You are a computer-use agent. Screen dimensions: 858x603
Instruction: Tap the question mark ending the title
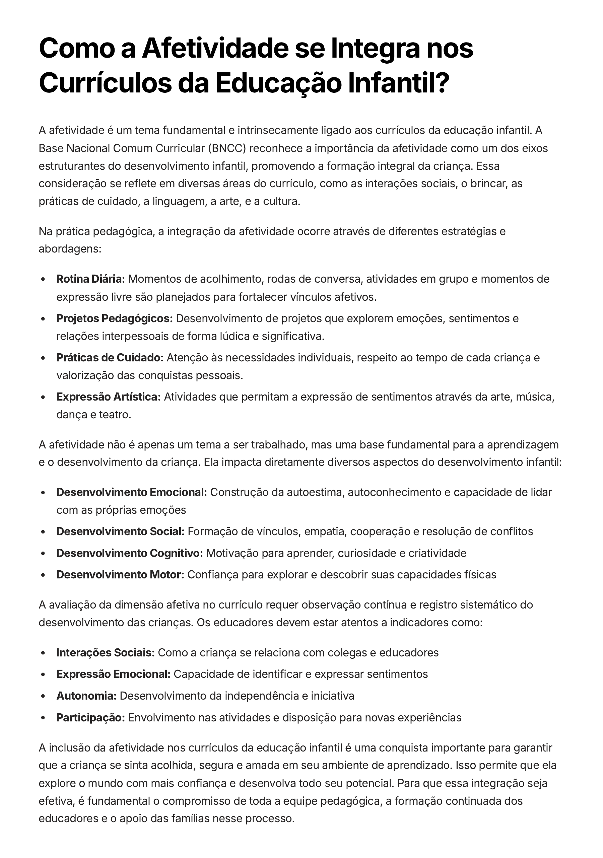(x=442, y=84)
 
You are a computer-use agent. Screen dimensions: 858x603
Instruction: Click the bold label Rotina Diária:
(x=90, y=279)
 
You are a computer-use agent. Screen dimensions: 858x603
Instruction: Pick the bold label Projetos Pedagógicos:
(x=114, y=318)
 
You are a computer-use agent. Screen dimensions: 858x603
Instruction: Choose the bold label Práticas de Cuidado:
(x=110, y=358)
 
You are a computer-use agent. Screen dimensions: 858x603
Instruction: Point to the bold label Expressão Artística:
(x=109, y=397)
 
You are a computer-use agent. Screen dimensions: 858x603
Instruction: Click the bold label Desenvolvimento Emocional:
(x=132, y=492)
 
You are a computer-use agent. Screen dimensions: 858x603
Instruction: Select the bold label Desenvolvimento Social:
(x=120, y=531)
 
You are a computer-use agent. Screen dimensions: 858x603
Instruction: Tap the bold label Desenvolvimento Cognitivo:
(x=130, y=553)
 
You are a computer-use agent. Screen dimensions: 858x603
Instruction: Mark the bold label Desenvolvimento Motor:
(x=120, y=574)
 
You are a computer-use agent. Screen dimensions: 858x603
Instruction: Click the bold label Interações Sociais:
(x=106, y=652)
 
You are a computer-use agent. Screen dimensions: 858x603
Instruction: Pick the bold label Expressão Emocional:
(x=113, y=674)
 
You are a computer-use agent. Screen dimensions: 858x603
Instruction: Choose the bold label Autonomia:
(x=86, y=696)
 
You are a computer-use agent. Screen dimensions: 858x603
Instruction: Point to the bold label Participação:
(x=90, y=717)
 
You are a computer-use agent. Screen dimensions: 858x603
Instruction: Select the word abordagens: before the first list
(x=70, y=249)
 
